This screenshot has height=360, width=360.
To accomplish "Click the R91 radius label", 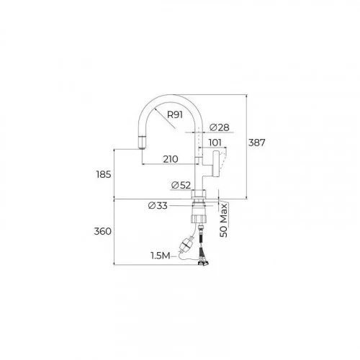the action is [x=175, y=114].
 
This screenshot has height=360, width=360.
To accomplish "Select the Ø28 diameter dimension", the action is [x=220, y=127].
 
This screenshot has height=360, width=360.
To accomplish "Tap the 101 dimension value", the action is [x=215, y=143].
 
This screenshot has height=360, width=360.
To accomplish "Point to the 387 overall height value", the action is [x=256, y=143].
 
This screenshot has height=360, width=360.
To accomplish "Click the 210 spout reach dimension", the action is [x=171, y=159].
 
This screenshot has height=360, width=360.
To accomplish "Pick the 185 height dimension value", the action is [x=104, y=174].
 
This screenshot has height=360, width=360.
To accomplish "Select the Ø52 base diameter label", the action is [x=181, y=185].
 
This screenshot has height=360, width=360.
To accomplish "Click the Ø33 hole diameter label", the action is [x=158, y=205].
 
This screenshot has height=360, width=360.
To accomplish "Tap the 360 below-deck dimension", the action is [x=103, y=231].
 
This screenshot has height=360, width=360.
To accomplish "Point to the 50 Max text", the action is [x=223, y=220].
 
